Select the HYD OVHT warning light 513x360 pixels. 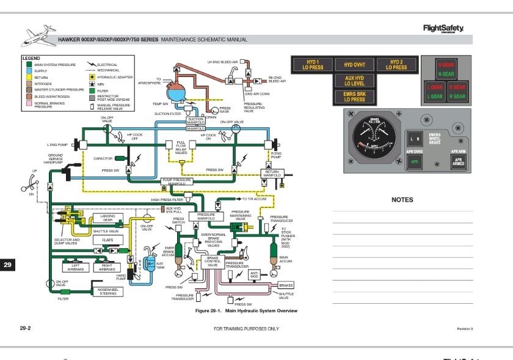tap(354, 65)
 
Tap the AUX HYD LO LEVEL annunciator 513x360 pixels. tap(354, 81)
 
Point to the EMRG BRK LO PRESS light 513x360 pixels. tap(354, 97)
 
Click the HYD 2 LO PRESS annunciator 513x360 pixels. tap(396, 65)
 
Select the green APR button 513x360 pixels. tap(415, 162)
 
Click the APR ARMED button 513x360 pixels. tap(458, 161)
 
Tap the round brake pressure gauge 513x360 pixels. tap(374, 139)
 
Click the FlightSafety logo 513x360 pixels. tap(443, 28)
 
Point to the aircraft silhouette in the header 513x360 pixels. tap(38, 37)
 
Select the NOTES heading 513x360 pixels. tap(402, 200)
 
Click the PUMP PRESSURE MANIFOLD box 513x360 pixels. tap(176, 182)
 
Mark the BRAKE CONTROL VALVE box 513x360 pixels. tap(213, 262)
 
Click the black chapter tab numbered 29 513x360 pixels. tap(8, 265)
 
